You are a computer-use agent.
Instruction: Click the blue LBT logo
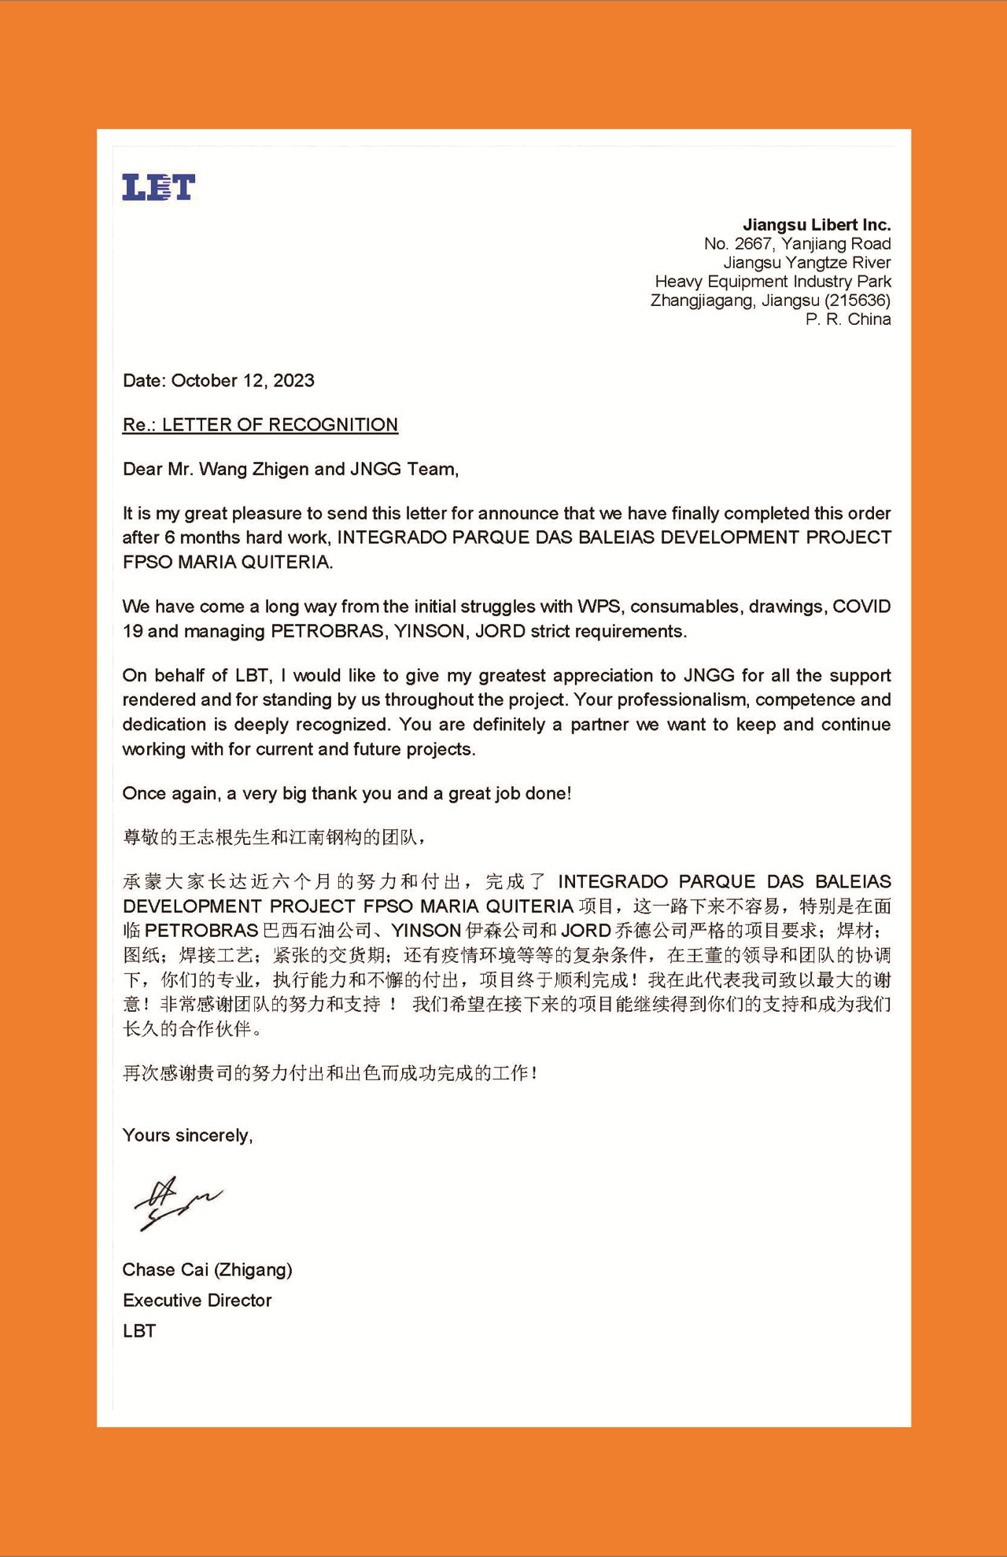(x=158, y=187)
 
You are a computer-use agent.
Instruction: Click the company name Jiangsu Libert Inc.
(x=817, y=225)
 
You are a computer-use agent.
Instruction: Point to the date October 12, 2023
(x=242, y=381)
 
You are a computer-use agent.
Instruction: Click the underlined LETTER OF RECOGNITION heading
(x=279, y=425)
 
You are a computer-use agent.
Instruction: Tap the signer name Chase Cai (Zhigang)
(x=207, y=1270)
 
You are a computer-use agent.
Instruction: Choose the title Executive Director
(x=197, y=1301)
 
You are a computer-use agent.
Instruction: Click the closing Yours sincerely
(x=187, y=1135)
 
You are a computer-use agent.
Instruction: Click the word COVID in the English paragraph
(x=861, y=607)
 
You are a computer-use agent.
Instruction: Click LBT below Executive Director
(x=139, y=1331)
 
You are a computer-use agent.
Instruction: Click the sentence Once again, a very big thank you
(x=346, y=793)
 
